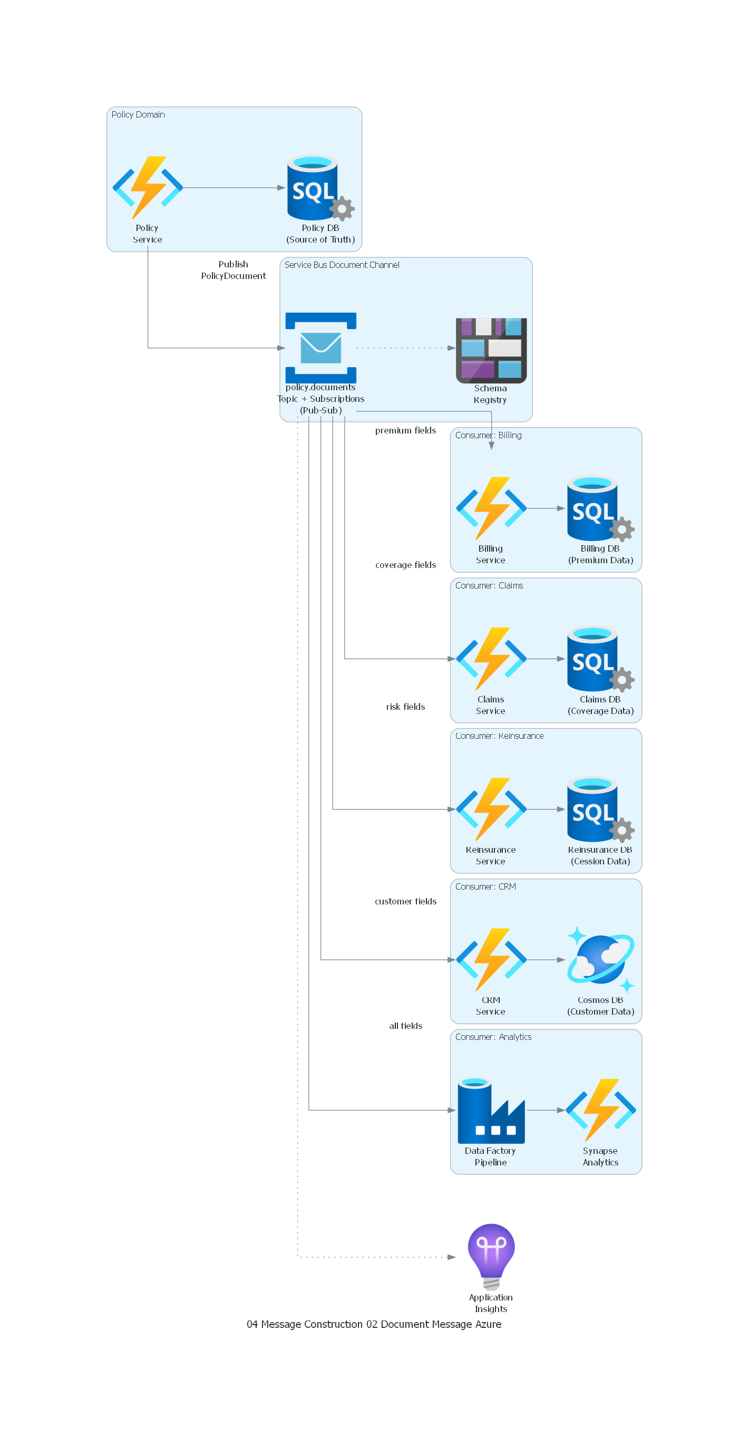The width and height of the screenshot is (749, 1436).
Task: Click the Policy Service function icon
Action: pos(148,187)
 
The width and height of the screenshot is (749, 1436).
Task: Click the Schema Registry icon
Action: pos(491,350)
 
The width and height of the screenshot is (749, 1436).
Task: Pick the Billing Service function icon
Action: pos(491,508)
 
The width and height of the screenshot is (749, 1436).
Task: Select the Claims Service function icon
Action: pos(491,658)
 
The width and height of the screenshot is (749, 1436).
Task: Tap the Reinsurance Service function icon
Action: pos(491,809)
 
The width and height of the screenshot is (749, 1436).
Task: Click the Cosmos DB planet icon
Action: pos(600,959)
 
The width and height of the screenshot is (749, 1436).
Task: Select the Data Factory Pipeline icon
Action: pos(491,1110)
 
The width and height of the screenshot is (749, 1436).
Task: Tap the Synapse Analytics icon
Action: pos(600,1110)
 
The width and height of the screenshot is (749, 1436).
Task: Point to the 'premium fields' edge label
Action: pos(405,430)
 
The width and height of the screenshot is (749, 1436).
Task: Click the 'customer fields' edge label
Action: pos(405,901)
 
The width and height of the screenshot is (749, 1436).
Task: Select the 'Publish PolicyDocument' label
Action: pos(233,270)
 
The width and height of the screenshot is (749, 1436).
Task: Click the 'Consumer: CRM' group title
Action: pos(485,886)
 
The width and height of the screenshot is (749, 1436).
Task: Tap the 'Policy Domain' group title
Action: pos(138,114)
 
